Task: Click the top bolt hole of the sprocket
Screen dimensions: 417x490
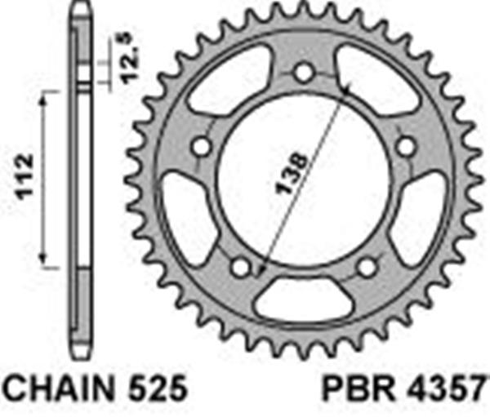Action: click(x=303, y=73)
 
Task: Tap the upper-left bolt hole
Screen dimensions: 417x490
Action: click(x=200, y=149)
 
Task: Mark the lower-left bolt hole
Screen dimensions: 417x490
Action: click(x=239, y=267)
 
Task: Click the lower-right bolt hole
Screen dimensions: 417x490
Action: click(x=367, y=267)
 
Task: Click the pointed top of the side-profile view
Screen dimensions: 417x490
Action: click(x=83, y=7)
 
